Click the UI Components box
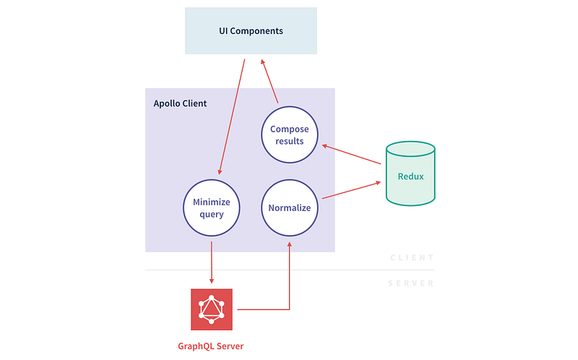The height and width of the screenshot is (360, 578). coord(251,30)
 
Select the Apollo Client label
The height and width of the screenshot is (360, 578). coord(180,103)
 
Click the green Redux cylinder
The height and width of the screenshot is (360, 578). coord(410,173)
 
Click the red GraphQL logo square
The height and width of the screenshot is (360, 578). coord(212,309)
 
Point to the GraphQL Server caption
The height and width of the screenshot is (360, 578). coord(210,346)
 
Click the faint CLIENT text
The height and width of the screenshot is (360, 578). coord(412,257)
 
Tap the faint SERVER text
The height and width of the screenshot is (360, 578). coord(411,283)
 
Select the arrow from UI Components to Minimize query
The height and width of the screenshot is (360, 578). coord(232,116)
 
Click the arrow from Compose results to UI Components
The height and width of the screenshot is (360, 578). coord(269,81)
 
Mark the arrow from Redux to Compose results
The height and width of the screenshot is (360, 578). coord(351,154)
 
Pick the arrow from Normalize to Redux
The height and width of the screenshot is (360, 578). coord(351,190)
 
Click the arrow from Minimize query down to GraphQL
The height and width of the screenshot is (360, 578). coord(212,262)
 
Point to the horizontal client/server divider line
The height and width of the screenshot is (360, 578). coord(290,270)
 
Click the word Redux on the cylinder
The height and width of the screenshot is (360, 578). coord(410,176)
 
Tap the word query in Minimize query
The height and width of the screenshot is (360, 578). coord(212,214)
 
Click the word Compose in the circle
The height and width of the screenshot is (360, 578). coord(290,129)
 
